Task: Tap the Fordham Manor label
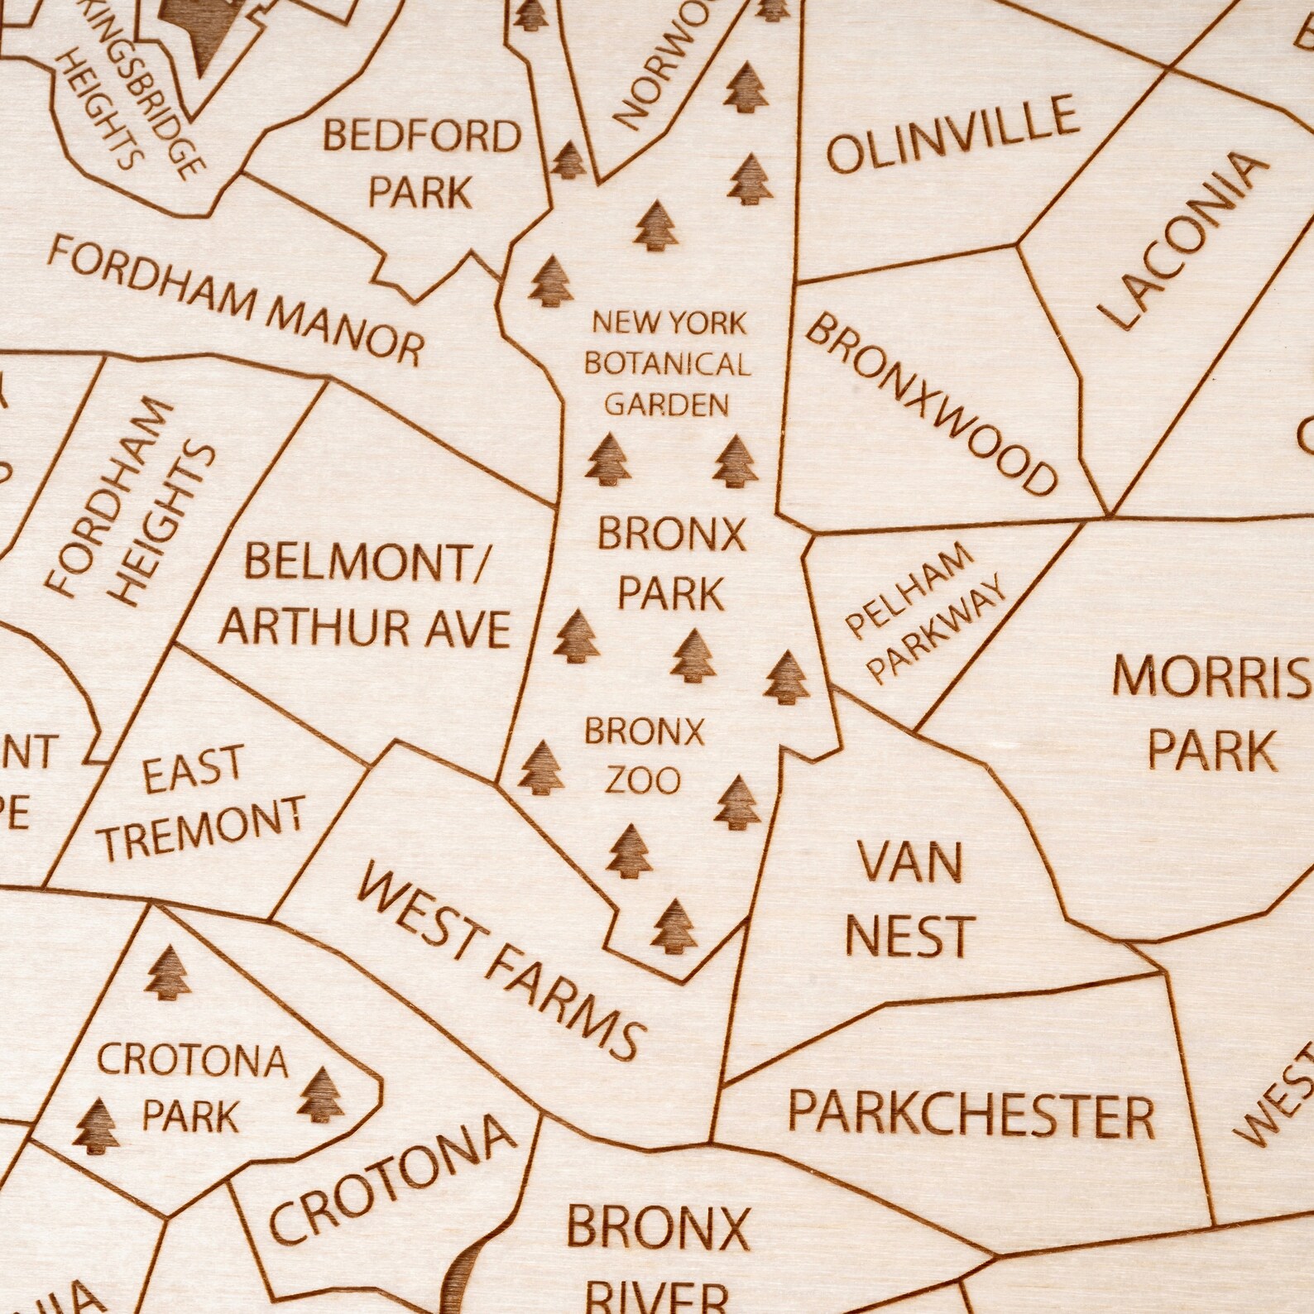(236, 299)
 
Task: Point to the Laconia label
(1184, 240)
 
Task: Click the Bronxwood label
(932, 404)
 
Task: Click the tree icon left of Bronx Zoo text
(542, 766)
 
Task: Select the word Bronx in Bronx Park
(671, 535)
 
